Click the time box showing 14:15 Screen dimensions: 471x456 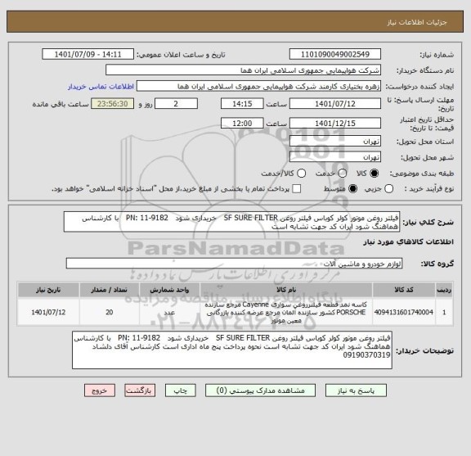(x=242, y=105)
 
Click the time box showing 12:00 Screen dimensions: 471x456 (x=242, y=123)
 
